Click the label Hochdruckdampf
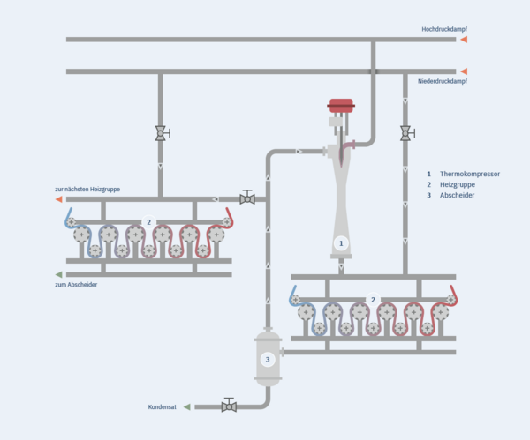pyautogui.click(x=443, y=29)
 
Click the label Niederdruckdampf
pyautogui.click(x=443, y=82)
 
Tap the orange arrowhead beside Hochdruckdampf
pyautogui.click(x=463, y=40)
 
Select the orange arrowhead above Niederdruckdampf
pyautogui.click(x=463, y=71)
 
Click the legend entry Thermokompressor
pyautogui.click(x=469, y=174)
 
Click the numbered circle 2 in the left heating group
pyautogui.click(x=149, y=222)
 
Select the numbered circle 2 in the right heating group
pyautogui.click(x=373, y=300)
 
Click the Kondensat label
pyautogui.click(x=163, y=407)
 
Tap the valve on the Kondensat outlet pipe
pyautogui.click(x=229, y=406)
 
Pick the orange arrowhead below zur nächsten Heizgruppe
pyautogui.click(x=59, y=199)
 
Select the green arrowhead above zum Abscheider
pyautogui.click(x=59, y=274)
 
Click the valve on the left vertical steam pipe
pyautogui.click(x=161, y=133)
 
